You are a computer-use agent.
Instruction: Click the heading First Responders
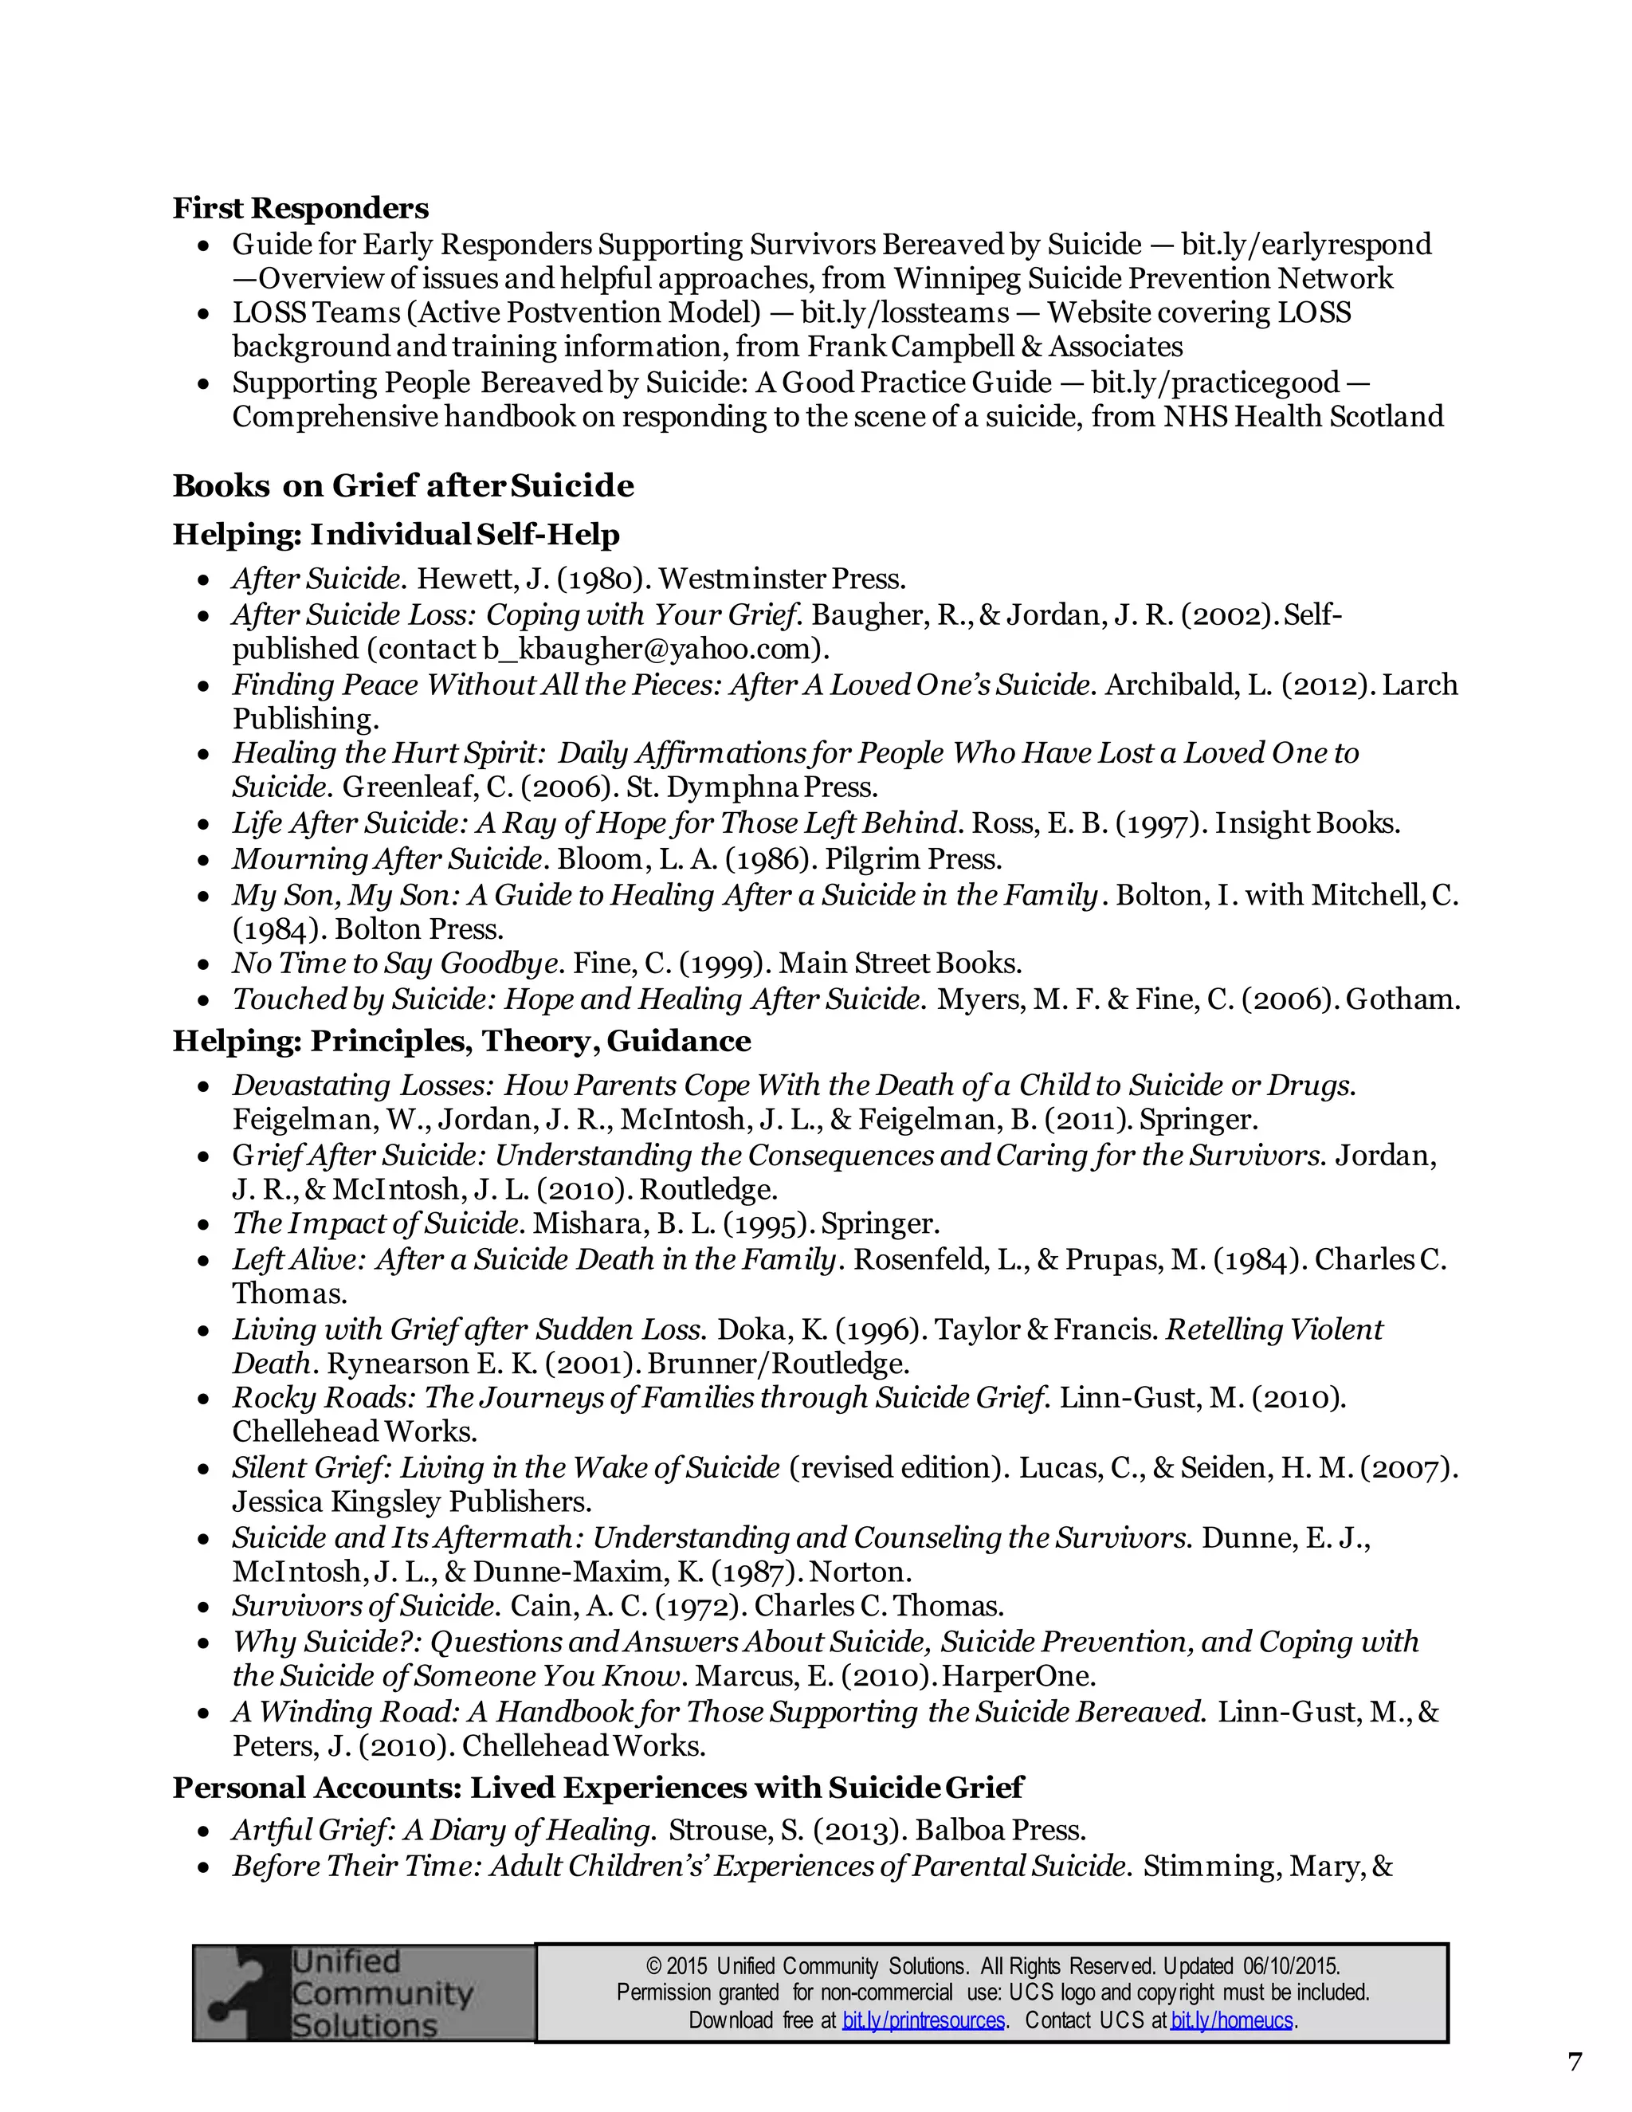pyautogui.click(x=300, y=208)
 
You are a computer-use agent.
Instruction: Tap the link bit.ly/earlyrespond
pyautogui.click(x=1305, y=244)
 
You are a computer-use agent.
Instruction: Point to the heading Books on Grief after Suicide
pyautogui.click(x=403, y=485)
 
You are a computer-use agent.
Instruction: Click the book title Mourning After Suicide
pyautogui.click(x=386, y=858)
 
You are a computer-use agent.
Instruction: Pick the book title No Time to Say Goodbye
pyautogui.click(x=394, y=964)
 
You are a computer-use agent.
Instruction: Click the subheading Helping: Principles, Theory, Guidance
pyautogui.click(x=461, y=1041)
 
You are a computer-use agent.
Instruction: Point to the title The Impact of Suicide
pyautogui.click(x=377, y=1223)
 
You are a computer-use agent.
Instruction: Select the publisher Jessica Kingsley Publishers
pyautogui.click(x=411, y=1502)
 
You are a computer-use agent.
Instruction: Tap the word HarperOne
pyautogui.click(x=1019, y=1676)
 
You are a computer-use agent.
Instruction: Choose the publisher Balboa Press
pyautogui.click(x=1001, y=1831)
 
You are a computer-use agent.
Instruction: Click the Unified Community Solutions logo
pyautogui.click(x=363, y=1993)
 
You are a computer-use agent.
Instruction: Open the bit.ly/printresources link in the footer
pyautogui.click(x=924, y=2020)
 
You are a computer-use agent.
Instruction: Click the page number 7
pyautogui.click(x=1575, y=2062)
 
